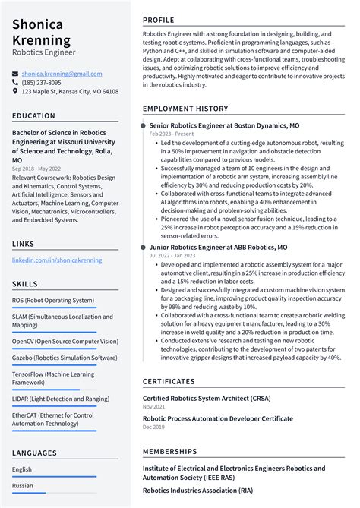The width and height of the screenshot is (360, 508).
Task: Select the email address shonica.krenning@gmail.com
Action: (x=62, y=74)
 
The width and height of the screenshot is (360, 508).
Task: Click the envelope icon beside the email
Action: (x=15, y=74)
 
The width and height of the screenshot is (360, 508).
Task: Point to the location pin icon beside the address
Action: (x=15, y=92)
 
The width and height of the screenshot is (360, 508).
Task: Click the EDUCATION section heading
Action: (x=33, y=116)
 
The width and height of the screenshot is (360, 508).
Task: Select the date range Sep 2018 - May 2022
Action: (x=36, y=168)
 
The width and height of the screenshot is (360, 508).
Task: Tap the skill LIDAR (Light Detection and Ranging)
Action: (x=61, y=398)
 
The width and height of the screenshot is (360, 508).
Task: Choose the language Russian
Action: (x=23, y=486)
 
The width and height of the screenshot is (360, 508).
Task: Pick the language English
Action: (x=22, y=469)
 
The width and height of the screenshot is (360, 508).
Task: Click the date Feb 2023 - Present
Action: (x=170, y=134)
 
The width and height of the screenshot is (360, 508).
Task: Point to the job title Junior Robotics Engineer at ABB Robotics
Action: (x=218, y=248)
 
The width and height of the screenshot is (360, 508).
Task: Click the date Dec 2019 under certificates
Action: (x=153, y=427)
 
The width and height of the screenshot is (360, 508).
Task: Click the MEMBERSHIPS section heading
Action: (x=169, y=452)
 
